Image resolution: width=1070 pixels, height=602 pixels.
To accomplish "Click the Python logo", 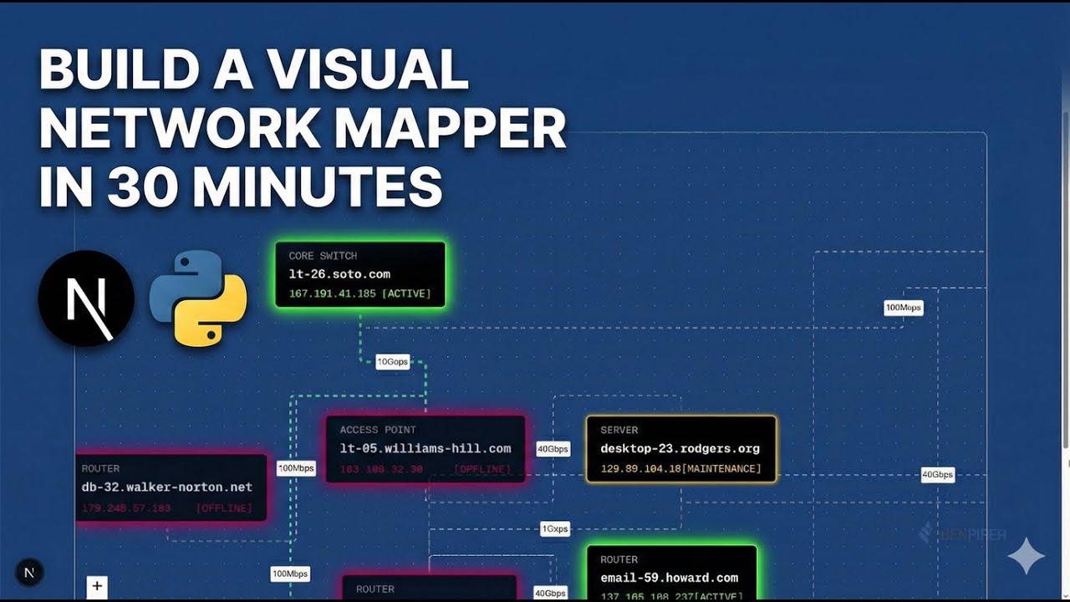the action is [x=198, y=298].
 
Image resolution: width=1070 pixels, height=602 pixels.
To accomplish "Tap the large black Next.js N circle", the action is [x=86, y=298].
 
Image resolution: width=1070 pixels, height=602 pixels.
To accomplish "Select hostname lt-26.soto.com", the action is [x=339, y=274].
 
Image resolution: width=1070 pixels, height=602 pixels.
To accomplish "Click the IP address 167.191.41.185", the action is [x=331, y=293].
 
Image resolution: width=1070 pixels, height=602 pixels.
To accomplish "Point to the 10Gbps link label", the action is [x=392, y=362].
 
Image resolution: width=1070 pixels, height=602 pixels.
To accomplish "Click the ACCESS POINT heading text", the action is [x=378, y=430].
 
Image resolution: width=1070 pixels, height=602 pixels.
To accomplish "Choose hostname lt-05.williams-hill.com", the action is [x=425, y=449].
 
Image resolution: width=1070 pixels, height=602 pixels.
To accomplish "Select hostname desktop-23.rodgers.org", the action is [x=680, y=449].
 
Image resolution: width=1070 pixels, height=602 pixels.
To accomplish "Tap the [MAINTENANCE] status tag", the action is [x=721, y=469].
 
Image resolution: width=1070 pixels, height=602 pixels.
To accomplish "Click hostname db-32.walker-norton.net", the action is [x=167, y=487].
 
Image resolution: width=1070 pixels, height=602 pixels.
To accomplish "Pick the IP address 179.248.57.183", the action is [x=126, y=508].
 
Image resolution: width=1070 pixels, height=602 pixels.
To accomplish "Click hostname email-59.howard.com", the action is [x=669, y=578].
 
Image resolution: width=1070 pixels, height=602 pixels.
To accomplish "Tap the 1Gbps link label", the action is [x=555, y=529].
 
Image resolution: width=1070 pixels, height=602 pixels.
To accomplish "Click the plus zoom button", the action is [x=97, y=586].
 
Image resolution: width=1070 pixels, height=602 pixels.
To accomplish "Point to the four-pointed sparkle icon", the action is [x=1026, y=556].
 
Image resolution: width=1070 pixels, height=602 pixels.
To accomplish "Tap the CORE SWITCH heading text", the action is [x=323, y=256].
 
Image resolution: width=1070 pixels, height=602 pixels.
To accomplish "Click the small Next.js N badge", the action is [x=29, y=573].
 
